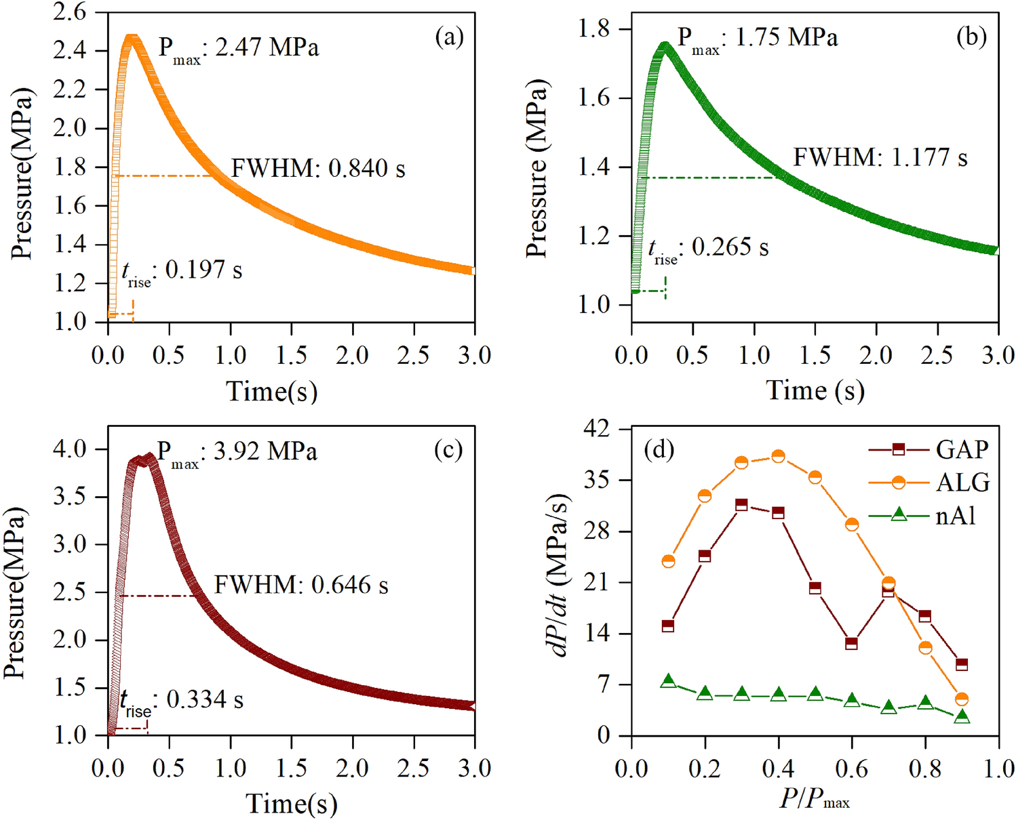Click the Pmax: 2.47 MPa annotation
point(238,49)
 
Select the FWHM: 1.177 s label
point(880,158)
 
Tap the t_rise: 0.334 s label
point(181,700)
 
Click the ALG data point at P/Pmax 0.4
point(778,457)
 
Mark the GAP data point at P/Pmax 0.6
point(852,643)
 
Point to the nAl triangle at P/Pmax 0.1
point(669,681)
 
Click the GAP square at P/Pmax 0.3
point(741,505)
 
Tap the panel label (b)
point(971,37)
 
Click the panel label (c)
point(448,450)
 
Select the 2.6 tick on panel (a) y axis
point(71,12)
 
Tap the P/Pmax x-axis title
point(814,800)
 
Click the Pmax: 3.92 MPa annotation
point(237,452)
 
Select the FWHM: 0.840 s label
point(318,169)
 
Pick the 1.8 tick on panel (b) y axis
point(593,29)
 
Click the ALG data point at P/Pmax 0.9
point(961,699)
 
